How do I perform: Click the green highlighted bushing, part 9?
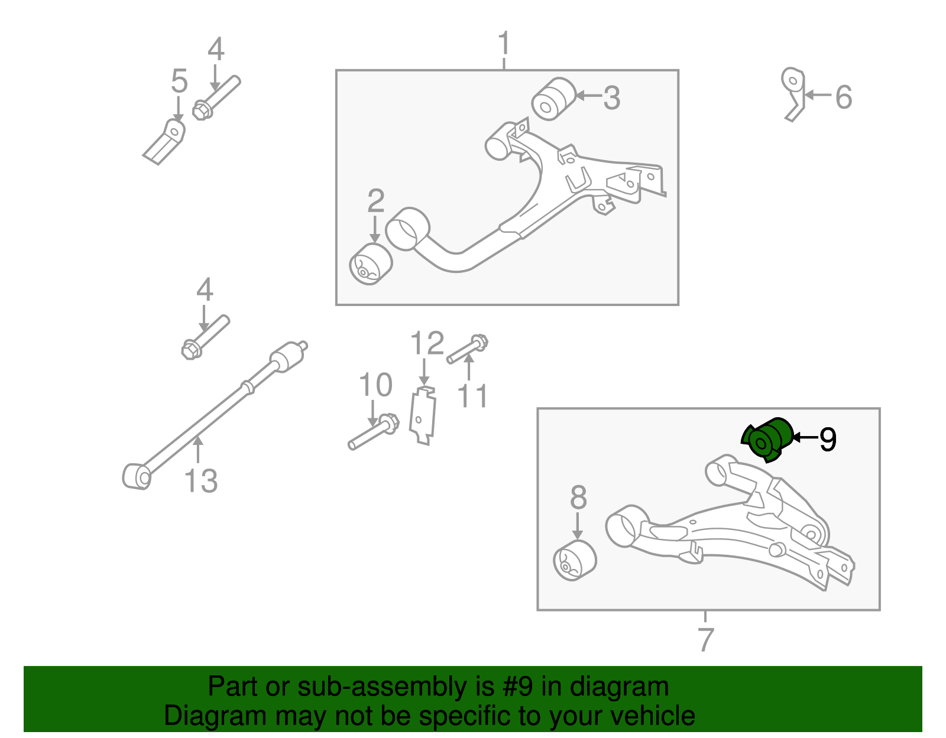[766, 440]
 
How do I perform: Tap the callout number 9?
[828, 439]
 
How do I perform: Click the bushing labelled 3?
[553, 99]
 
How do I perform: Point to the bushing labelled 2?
[371, 264]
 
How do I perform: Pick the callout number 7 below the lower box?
[705, 639]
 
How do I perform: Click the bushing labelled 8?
[575, 561]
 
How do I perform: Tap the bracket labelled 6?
[793, 94]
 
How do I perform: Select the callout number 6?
[843, 97]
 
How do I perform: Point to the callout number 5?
[179, 81]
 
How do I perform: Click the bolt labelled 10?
[374, 431]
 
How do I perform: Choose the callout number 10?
[375, 385]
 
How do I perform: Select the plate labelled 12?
[422, 415]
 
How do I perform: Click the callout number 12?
[427, 343]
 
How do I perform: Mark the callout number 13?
[200, 480]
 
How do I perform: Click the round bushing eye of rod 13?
[137, 477]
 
